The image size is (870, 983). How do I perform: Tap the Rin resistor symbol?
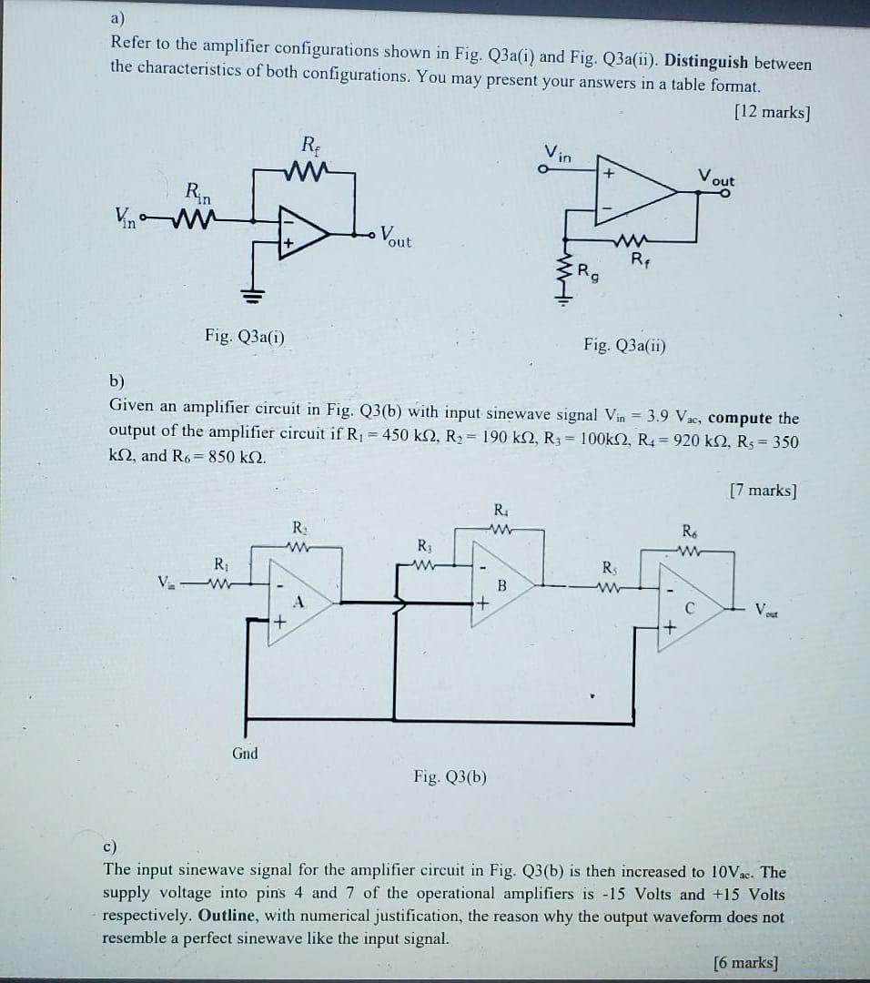pos(197,218)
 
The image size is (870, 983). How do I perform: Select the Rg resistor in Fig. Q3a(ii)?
pos(566,270)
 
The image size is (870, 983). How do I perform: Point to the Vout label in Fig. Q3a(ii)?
pos(717,177)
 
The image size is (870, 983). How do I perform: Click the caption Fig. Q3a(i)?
pos(244,337)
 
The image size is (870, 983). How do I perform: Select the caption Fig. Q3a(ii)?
pos(624,345)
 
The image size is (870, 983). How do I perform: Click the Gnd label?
pos(245,753)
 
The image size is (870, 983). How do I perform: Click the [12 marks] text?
pos(771,112)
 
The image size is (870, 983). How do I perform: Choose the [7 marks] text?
pos(763,491)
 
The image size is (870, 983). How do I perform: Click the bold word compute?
pos(740,418)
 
